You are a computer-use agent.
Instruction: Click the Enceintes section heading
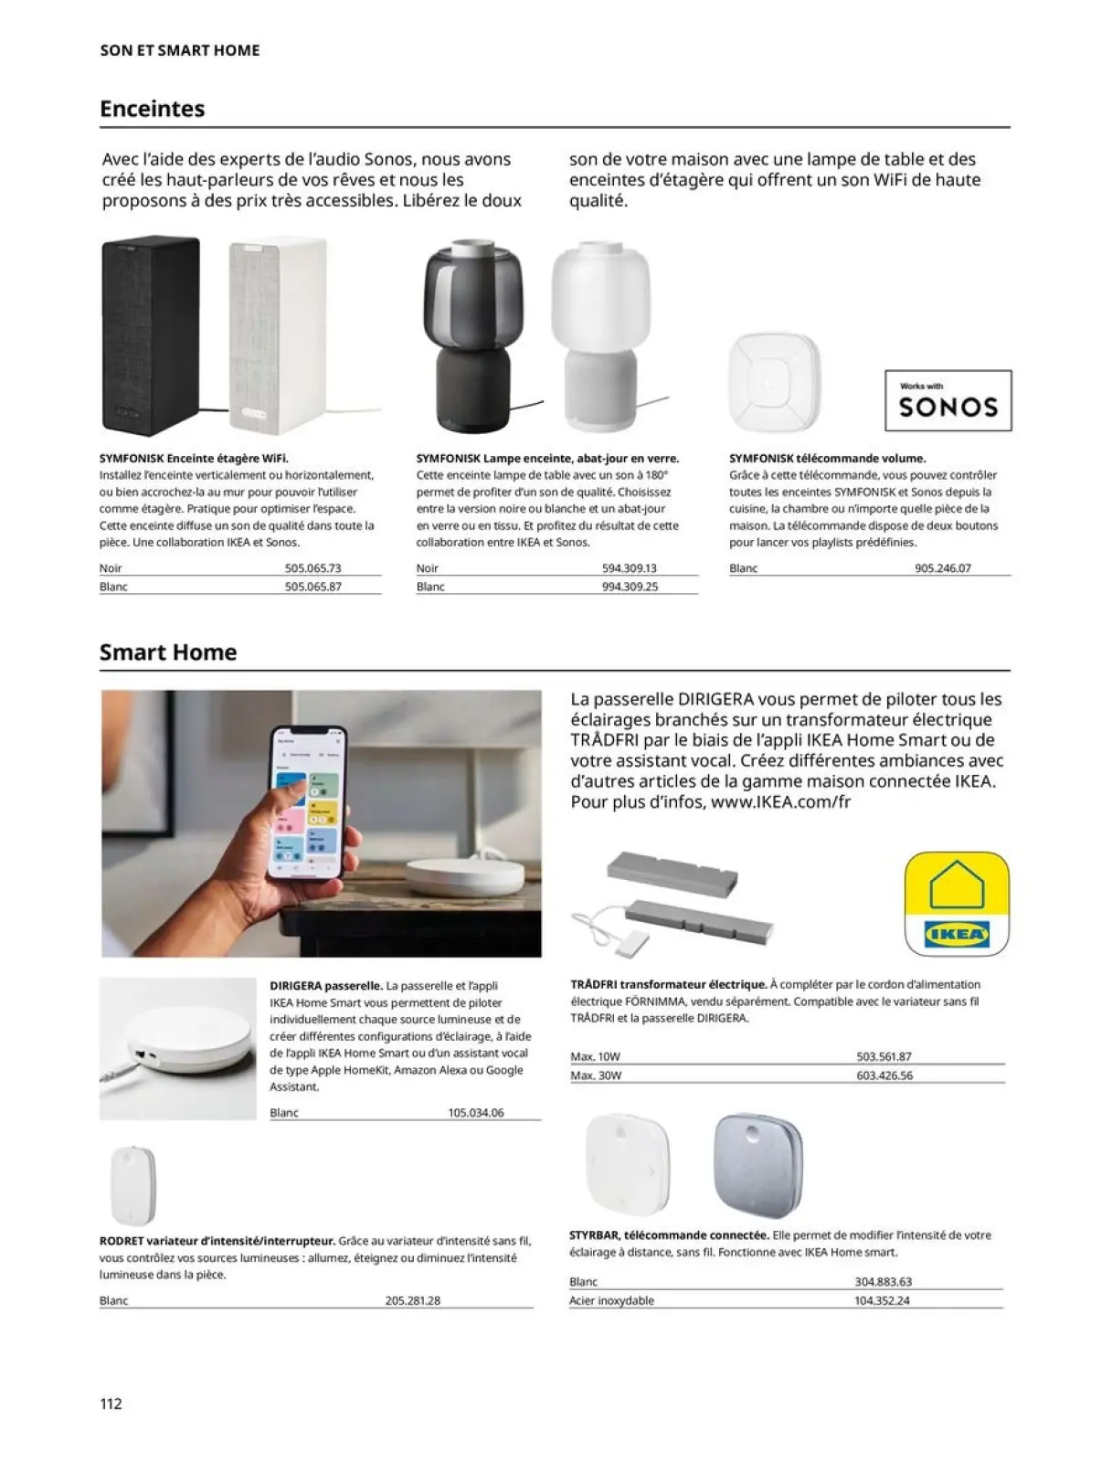[x=152, y=109]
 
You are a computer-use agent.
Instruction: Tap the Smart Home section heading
[x=168, y=652]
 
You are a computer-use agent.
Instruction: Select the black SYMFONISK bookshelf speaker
[x=150, y=336]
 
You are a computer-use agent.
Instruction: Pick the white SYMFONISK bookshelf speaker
[x=277, y=336]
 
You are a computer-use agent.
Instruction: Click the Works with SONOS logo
[x=948, y=400]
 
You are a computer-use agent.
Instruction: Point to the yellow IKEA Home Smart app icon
[x=956, y=905]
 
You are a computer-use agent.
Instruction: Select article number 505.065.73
[x=312, y=568]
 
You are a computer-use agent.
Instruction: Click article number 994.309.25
[x=630, y=587]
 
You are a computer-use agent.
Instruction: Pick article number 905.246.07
[x=942, y=568]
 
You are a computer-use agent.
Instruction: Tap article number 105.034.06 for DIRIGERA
[x=476, y=1113]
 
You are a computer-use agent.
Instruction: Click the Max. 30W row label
[x=596, y=1075]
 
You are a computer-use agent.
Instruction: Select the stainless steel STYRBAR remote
[x=757, y=1160]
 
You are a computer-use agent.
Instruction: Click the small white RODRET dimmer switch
[x=132, y=1185]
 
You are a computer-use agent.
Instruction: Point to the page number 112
[x=111, y=1404]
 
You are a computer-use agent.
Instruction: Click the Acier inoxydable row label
[x=611, y=1300]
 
